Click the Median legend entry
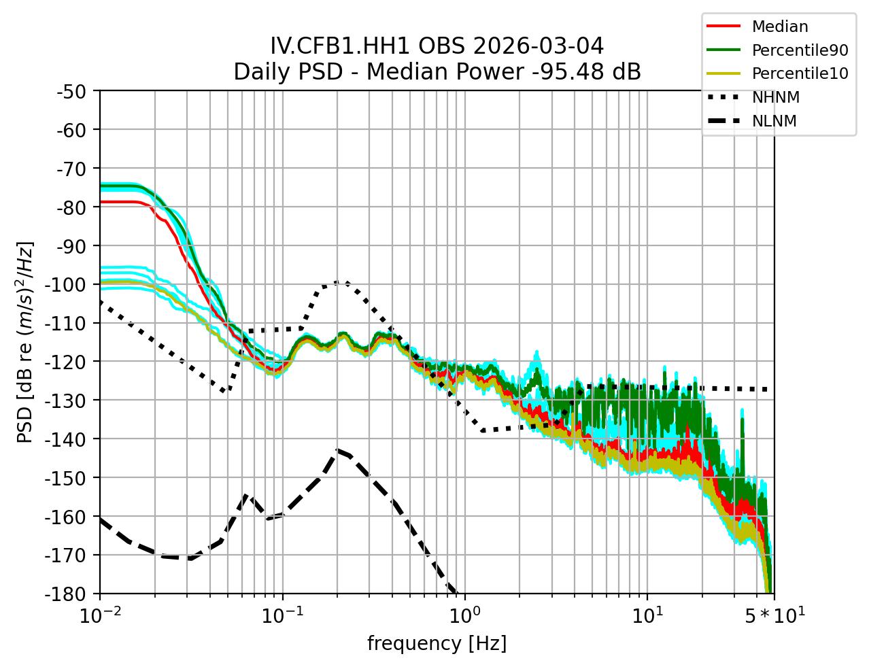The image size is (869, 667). (779, 27)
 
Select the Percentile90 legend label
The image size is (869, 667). (800, 50)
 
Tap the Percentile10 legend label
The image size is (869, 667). (800, 74)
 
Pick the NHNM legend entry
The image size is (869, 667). (775, 98)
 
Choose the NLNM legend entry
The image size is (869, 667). (774, 122)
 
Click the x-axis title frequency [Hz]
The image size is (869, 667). (437, 643)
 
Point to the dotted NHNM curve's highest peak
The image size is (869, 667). (339, 282)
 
